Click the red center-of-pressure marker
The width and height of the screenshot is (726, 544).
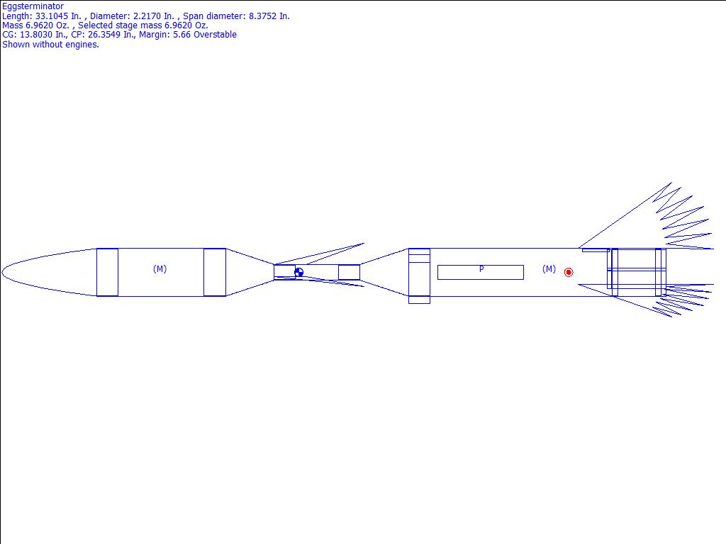569,273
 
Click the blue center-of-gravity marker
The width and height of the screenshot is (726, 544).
298,273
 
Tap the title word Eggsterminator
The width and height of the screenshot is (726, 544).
33,6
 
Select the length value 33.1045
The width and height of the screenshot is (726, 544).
51,16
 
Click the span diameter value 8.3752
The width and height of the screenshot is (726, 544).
263,16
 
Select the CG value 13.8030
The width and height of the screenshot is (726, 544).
36,35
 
